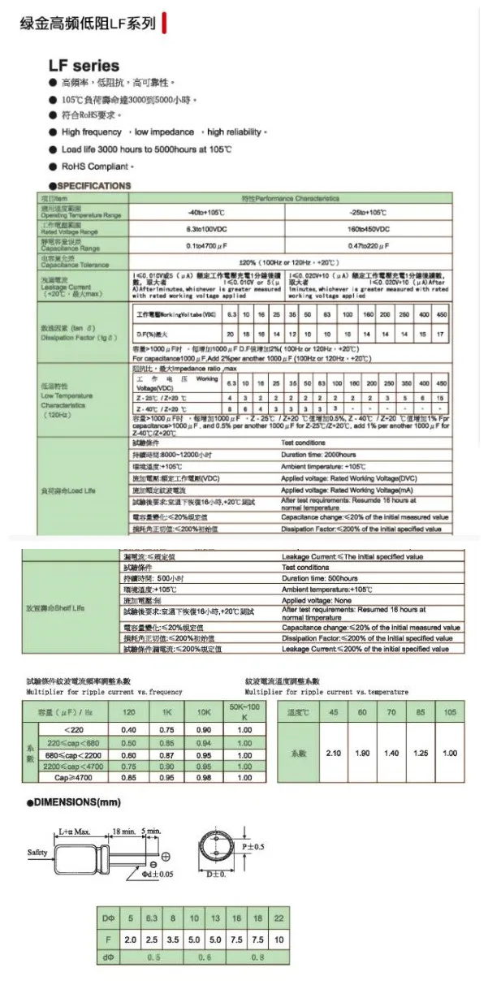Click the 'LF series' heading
point(84,66)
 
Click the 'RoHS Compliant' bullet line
point(96,166)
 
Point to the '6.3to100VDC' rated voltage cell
point(206,230)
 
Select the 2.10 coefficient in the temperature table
point(333,753)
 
